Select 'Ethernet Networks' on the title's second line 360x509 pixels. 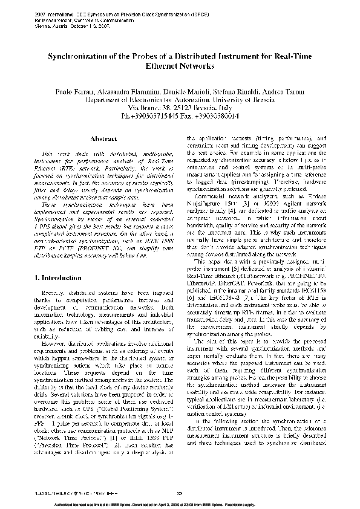tap(179, 68)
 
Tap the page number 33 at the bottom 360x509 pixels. tap(180, 494)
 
